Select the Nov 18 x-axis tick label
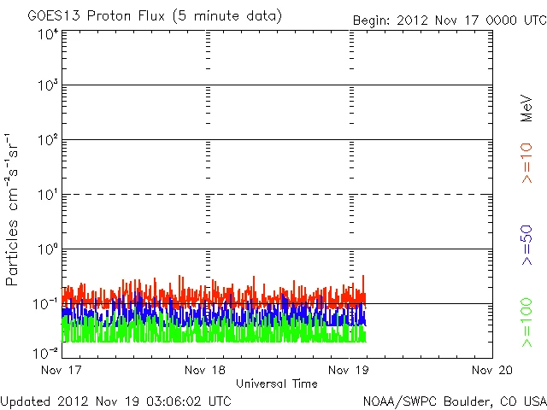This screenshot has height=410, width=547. (205, 370)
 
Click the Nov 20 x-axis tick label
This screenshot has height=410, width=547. (493, 370)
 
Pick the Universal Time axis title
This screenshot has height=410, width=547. (276, 384)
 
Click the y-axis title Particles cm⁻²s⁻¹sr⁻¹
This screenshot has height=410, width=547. (13, 209)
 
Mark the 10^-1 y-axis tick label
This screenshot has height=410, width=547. (46, 303)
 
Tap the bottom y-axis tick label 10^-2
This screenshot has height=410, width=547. (46, 352)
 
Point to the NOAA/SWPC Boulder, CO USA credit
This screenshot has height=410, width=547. (454, 401)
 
